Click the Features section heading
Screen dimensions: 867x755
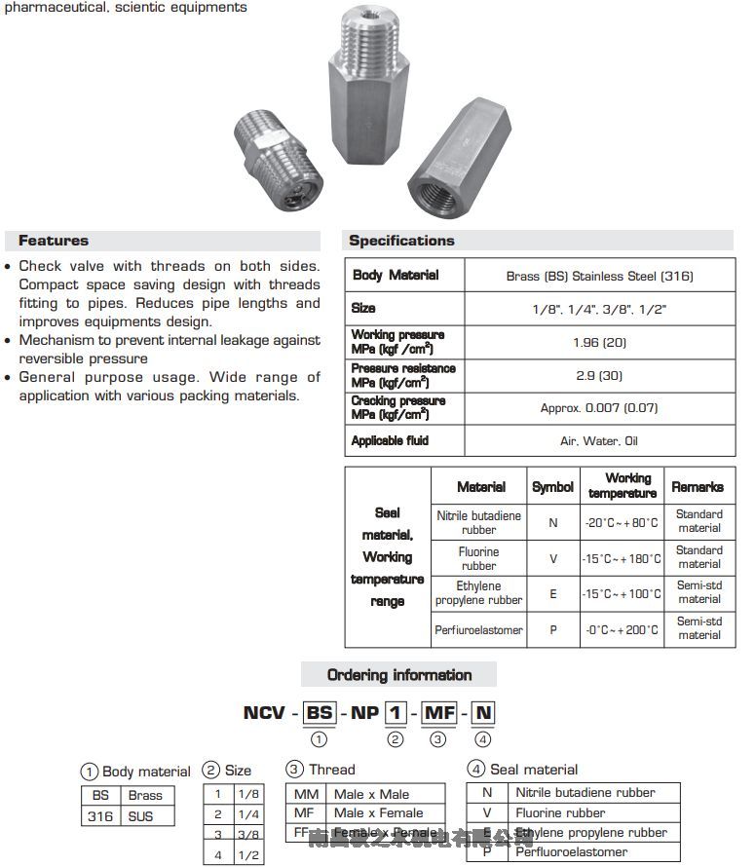coord(54,241)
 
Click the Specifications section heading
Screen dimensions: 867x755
coord(401,241)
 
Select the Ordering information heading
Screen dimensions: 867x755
coord(398,675)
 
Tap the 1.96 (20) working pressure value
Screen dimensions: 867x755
coord(599,342)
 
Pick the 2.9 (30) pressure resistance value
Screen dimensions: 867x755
coord(599,375)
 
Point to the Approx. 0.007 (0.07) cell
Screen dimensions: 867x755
coord(599,408)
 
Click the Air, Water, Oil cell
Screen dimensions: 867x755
coord(599,441)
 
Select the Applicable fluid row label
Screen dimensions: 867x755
coord(390,441)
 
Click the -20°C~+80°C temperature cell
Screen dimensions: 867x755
coord(622,522)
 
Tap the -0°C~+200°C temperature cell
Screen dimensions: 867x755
coord(622,630)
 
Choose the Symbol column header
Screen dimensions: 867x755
coord(552,486)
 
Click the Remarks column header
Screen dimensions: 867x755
coord(698,486)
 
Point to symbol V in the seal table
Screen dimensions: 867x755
coord(552,558)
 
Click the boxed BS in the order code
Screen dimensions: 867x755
coord(320,713)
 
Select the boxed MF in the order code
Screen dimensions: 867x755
coord(440,713)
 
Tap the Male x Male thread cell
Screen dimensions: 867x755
coord(371,794)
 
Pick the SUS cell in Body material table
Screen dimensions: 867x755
coord(140,816)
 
